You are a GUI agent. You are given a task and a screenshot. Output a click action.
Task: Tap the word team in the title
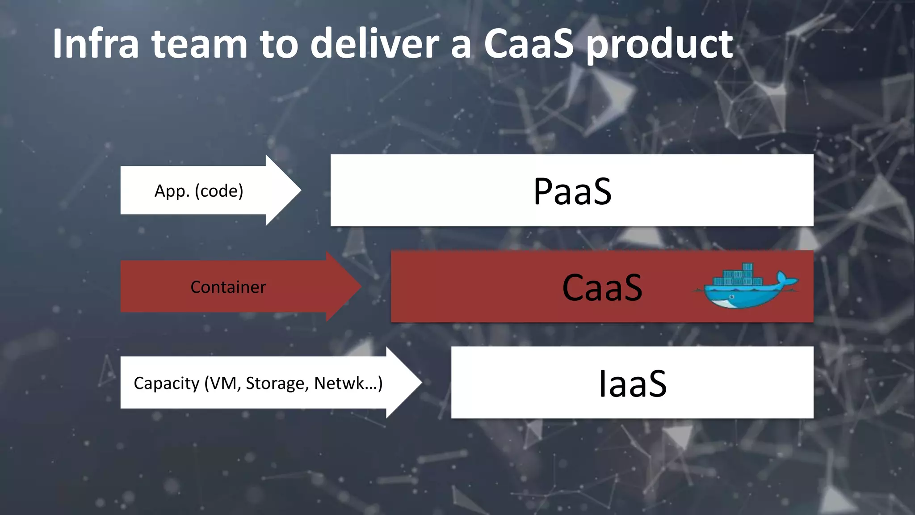(199, 44)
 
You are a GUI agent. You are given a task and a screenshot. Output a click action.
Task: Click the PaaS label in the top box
(572, 191)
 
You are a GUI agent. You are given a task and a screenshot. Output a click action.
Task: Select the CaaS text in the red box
(602, 287)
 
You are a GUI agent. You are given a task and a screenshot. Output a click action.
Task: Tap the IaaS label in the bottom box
(632, 384)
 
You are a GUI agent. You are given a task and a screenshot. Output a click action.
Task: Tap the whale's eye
(732, 297)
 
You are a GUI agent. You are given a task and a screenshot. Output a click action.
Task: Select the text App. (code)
(199, 191)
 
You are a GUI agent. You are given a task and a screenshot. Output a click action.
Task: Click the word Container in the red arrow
(228, 287)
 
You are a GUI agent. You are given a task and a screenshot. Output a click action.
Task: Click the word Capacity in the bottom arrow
(166, 383)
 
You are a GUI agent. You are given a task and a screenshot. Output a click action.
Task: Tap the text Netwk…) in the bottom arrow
(348, 383)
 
